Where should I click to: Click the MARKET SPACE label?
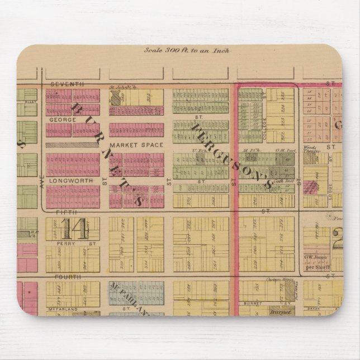[x=128, y=145]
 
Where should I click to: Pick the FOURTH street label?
[x=68, y=277]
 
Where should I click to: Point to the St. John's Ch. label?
[x=123, y=87]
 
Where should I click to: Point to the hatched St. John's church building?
[x=116, y=98]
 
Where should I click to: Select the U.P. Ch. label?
[x=197, y=150]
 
